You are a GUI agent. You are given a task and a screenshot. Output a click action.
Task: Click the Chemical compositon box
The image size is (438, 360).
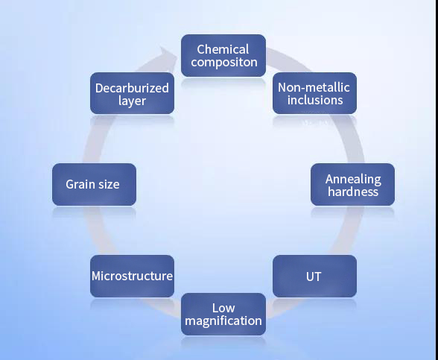223,55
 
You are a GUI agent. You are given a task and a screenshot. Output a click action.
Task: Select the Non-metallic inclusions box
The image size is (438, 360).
314,93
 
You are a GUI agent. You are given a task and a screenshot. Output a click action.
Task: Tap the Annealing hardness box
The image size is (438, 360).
352,185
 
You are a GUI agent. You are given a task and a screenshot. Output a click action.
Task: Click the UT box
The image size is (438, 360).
314,276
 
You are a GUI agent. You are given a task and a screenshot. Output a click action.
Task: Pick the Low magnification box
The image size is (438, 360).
223,315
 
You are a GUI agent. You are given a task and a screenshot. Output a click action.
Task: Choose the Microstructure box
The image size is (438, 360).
132,276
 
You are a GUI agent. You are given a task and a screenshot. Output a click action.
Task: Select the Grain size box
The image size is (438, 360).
94,185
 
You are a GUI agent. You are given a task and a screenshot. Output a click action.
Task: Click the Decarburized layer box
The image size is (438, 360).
132,93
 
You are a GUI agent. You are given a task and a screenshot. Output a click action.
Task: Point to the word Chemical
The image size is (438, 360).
223,49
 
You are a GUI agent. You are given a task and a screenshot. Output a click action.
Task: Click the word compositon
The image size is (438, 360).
224,63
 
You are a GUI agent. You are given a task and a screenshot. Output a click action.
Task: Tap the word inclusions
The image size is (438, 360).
315,100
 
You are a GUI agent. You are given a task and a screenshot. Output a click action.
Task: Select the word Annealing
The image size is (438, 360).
353,180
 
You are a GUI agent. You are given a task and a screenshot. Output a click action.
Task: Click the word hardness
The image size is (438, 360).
353,192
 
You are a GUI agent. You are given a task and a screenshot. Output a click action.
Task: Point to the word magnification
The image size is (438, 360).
223,320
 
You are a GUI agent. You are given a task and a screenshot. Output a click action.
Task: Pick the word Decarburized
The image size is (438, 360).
132,88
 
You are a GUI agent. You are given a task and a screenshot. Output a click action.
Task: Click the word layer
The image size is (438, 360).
132,101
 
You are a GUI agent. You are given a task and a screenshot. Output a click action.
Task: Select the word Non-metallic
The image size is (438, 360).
314,87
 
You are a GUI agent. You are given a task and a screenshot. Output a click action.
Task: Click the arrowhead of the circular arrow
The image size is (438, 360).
168,54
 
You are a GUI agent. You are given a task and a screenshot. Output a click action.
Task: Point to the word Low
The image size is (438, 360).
223,308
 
